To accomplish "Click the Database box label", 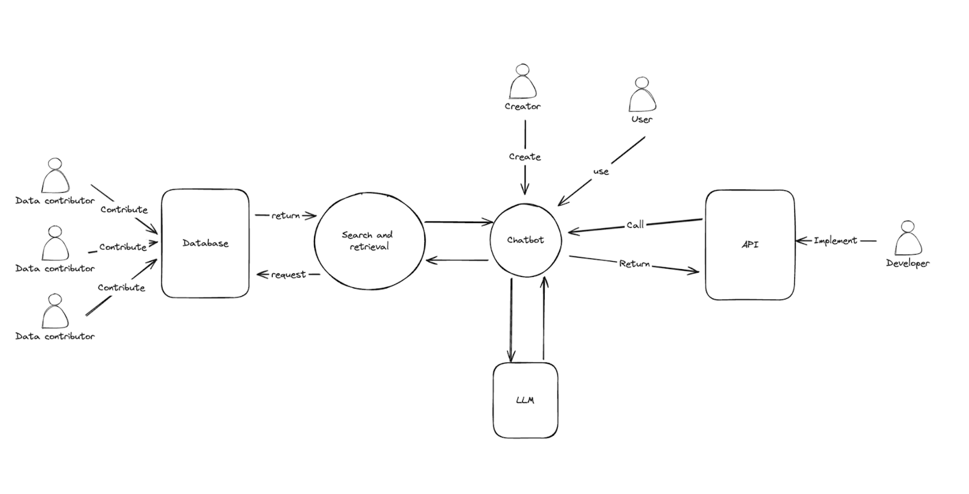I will click(x=205, y=243).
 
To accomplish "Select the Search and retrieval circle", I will click(x=369, y=241).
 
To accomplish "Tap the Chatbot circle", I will click(x=525, y=240).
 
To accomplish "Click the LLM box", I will click(x=525, y=400).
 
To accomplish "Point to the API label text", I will click(x=750, y=245).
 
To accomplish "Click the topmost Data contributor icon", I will click(x=55, y=176).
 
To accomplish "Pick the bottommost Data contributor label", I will click(x=55, y=337).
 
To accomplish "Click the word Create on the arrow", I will click(x=525, y=157).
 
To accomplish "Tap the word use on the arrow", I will click(x=601, y=172).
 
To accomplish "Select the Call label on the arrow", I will click(x=635, y=225).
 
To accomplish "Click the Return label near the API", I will click(x=634, y=264).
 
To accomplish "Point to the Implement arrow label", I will click(x=835, y=241).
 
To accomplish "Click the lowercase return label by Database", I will click(x=285, y=216).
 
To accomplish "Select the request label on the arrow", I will click(x=288, y=275).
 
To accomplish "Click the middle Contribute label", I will click(x=123, y=247).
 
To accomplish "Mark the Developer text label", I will click(x=907, y=263).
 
